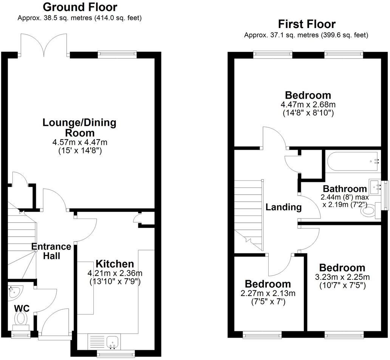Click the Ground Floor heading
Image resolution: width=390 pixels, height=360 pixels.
click(80, 7)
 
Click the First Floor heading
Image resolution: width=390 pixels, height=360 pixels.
click(306, 24)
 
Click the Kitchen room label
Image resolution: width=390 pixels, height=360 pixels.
click(115, 264)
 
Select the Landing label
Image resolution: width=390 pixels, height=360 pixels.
click(283, 207)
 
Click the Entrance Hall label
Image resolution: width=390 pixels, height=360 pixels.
click(51, 251)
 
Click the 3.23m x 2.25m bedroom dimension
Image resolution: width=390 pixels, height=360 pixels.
click(342, 277)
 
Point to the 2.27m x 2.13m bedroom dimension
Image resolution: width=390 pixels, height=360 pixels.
click(268, 293)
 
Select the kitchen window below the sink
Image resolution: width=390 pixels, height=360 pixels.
click(116, 354)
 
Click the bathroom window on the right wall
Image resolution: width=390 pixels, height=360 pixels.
click(385, 195)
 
